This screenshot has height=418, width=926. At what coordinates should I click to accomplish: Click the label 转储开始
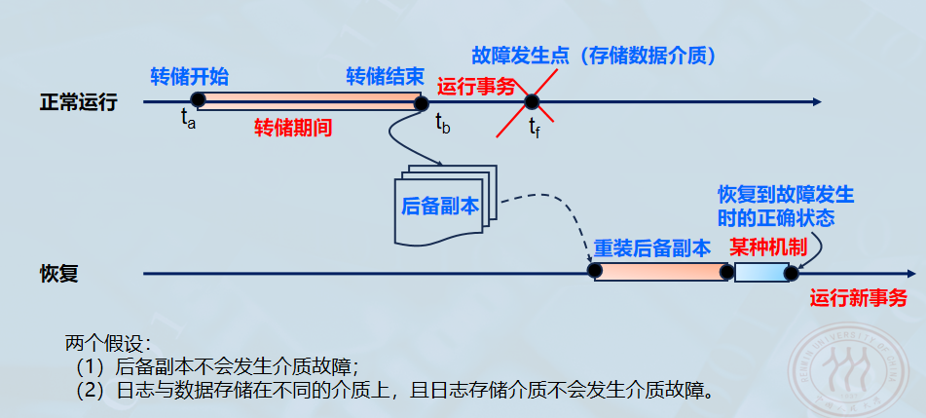tap(190, 76)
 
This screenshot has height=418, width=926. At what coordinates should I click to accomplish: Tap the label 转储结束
tap(384, 76)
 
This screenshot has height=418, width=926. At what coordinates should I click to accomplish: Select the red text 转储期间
tap(293, 128)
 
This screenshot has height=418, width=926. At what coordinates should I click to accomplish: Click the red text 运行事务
tap(476, 86)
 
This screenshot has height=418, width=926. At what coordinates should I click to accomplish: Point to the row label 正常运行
tap(78, 101)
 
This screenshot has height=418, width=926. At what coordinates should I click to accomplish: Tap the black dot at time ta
tap(198, 100)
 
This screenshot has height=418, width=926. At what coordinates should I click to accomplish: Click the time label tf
tap(535, 127)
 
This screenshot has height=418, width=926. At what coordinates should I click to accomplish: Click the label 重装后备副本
tap(652, 247)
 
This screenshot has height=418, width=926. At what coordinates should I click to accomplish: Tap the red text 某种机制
tap(769, 247)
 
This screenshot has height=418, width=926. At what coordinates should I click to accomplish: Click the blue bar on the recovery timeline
tap(761, 273)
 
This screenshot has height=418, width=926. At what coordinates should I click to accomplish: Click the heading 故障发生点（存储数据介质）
tap(594, 57)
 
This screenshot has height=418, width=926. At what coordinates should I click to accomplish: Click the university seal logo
tap(858, 365)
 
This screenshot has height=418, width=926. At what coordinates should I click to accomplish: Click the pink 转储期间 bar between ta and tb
tap(310, 100)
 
